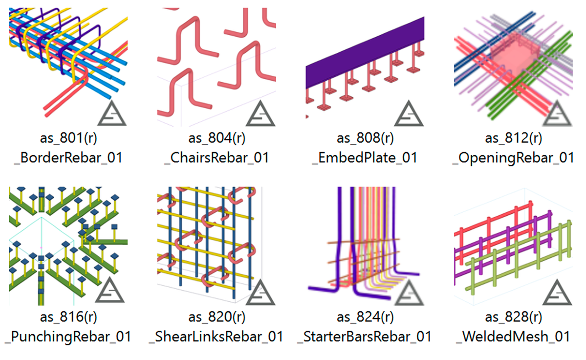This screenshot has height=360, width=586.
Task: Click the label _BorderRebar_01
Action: [68, 157]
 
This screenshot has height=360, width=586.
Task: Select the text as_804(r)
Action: [217, 138]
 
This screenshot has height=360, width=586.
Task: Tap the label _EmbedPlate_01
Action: [365, 157]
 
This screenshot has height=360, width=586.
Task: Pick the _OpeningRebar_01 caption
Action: [513, 157]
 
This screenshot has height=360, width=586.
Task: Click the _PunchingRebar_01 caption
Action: [69, 337]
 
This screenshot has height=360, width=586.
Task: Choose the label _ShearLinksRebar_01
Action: [218, 337]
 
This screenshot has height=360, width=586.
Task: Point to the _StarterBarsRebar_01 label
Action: [367, 337]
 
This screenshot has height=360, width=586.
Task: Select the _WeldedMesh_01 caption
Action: [513, 337]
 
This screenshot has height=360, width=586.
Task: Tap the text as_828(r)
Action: [513, 317]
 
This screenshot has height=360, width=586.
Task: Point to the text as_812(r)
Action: [513, 138]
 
